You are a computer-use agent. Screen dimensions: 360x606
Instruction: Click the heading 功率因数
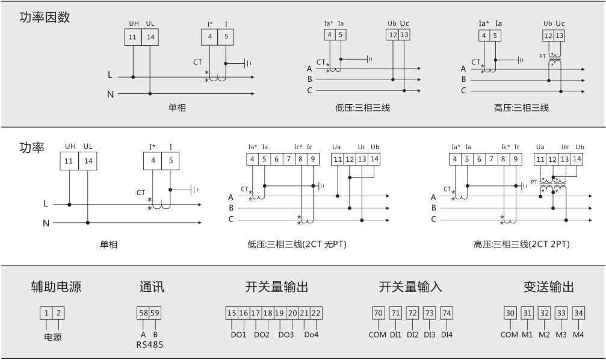45,17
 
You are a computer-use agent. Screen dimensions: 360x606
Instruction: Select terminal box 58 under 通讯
143,313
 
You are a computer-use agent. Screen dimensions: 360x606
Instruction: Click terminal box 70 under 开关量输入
378,313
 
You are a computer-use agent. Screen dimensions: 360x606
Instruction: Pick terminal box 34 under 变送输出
578,313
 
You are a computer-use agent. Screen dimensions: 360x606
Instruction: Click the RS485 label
149,345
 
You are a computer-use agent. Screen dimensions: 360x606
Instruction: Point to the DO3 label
287,335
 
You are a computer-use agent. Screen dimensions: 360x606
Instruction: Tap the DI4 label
447,335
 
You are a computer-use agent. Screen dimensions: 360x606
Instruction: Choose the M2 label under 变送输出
544,335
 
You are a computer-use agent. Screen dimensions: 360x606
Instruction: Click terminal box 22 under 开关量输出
316,313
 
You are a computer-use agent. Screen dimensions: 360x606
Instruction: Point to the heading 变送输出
548,287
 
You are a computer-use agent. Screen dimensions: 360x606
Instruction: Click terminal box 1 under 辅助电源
46,313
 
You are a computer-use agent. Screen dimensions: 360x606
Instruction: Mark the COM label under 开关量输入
378,335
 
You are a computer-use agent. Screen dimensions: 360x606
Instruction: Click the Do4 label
311,335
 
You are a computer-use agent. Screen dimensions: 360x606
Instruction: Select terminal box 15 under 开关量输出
232,313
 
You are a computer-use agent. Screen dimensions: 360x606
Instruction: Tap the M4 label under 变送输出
578,335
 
